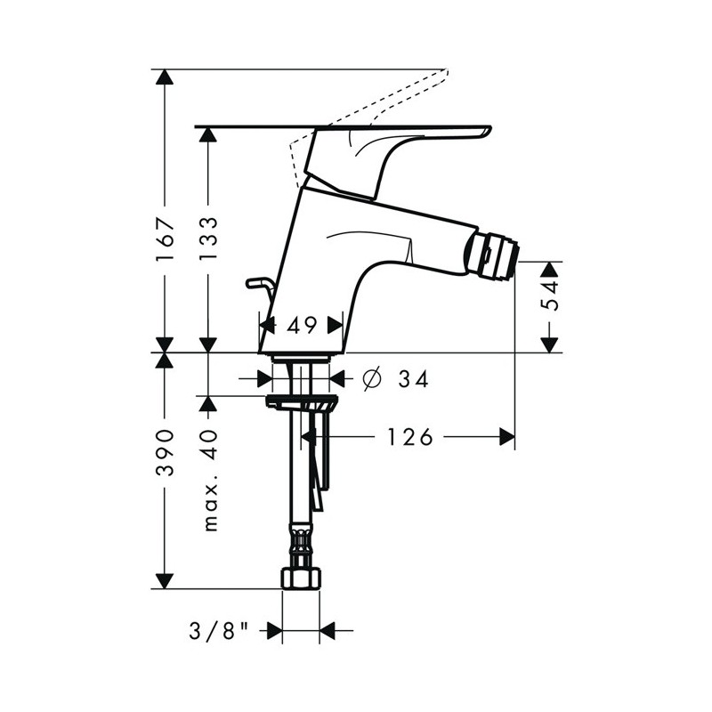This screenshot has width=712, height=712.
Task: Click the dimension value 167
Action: tap(165, 239)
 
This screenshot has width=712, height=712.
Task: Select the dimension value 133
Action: tap(209, 239)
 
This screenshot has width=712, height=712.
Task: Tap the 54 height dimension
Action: tap(549, 295)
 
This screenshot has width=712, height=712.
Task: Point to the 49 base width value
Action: tap(302, 325)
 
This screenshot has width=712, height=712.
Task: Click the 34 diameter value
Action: tap(413, 379)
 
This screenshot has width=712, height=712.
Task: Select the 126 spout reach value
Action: tap(409, 437)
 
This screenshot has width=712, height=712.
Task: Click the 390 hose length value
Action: tap(165, 452)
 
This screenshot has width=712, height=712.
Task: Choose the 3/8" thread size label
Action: tap(218, 631)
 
